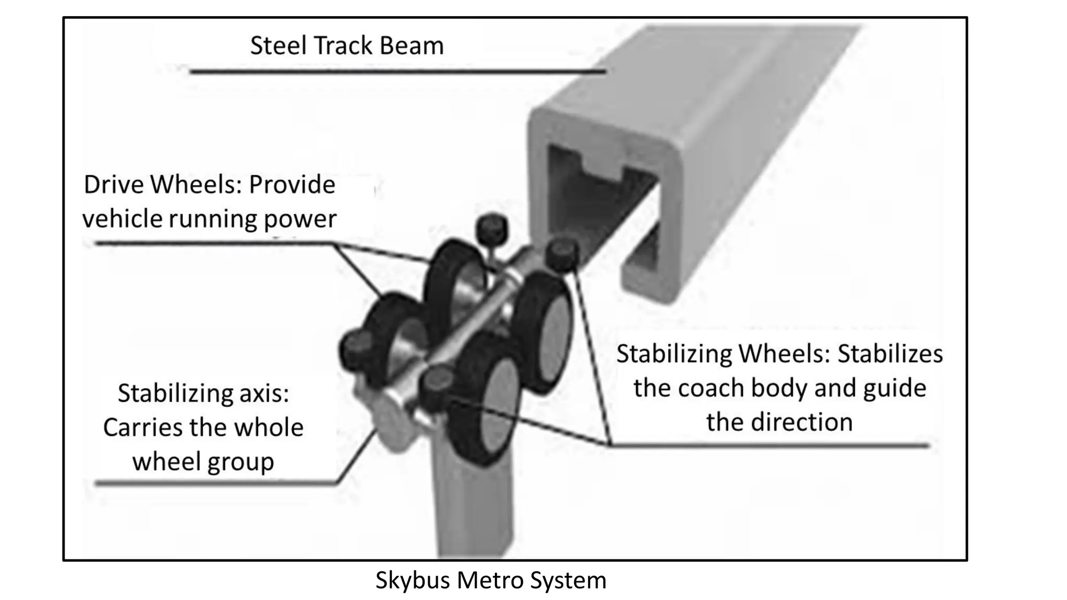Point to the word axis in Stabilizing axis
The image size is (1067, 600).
pyautogui.click(x=264, y=393)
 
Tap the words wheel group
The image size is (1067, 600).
pyautogui.click(x=203, y=461)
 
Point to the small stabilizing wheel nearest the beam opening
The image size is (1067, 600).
pyautogui.click(x=561, y=254)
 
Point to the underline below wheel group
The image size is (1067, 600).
pyautogui.click(x=214, y=484)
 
